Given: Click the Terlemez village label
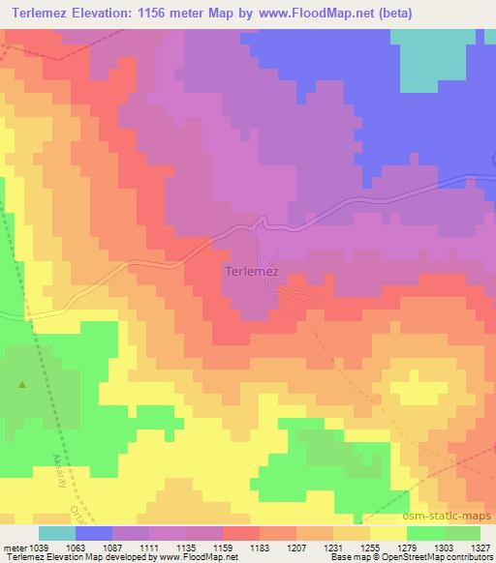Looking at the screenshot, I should tap(252, 273).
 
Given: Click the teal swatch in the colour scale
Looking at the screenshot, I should tap(57, 533).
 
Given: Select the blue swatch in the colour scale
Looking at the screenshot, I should tap(94, 533).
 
